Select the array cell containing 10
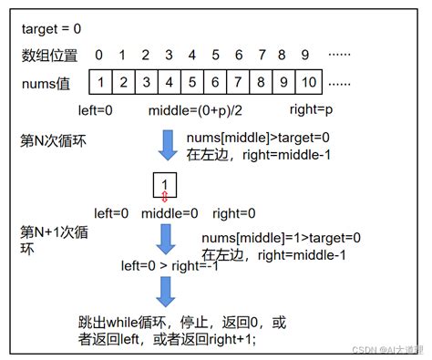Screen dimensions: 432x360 pyautogui.click(x=307, y=83)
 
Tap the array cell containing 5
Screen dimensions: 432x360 pyautogui.click(x=191, y=83)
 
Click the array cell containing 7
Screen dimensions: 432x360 pyautogui.click(x=238, y=83)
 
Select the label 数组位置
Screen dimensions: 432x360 pyautogui.click(x=49, y=56)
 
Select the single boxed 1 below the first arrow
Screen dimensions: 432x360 pyautogui.click(x=165, y=185)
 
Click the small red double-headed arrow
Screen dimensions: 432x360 pyautogui.click(x=165, y=199)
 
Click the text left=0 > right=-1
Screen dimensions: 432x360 pyautogui.click(x=178, y=267)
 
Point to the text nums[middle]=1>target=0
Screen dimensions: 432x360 pyautogui.click(x=281, y=239)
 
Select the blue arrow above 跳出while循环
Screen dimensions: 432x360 pyautogui.click(x=165, y=292)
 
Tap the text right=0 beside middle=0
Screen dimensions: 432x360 pyautogui.click(x=233, y=215)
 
